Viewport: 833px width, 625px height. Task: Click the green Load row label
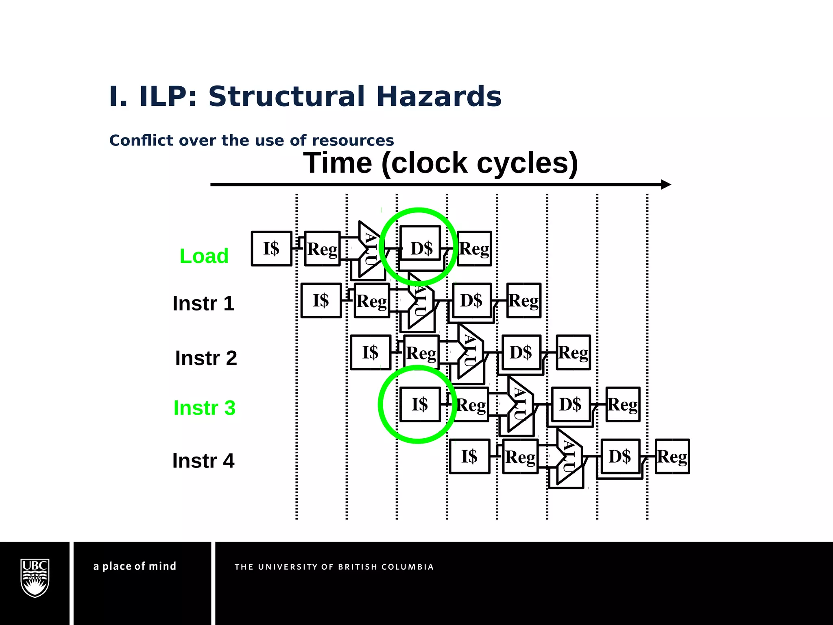point(204,256)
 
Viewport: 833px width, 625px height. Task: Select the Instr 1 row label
point(203,304)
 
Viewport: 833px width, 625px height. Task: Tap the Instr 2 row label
point(206,358)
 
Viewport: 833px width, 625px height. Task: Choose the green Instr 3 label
point(204,408)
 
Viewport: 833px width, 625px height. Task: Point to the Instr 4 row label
point(203,461)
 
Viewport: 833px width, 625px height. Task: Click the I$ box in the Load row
point(271,249)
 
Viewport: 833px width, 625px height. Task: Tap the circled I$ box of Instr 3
point(420,404)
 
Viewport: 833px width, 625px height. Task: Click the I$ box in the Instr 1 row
point(321,300)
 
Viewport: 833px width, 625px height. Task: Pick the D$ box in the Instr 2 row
point(521,352)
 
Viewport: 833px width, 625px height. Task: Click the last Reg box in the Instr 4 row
point(672,457)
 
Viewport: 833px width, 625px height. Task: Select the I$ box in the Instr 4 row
point(469,457)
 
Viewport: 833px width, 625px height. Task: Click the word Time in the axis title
point(338,163)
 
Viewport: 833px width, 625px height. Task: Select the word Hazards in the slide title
point(439,97)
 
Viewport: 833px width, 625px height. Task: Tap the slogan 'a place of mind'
point(135,566)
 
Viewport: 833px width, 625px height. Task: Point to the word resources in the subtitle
point(353,140)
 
